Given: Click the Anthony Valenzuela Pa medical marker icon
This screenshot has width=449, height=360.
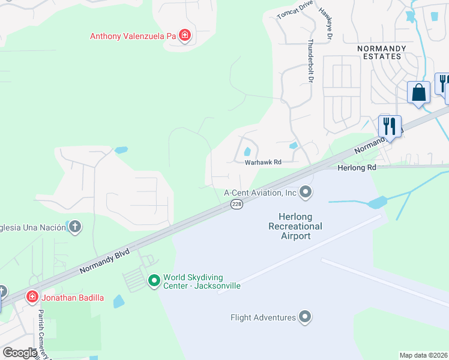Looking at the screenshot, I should click(x=185, y=36).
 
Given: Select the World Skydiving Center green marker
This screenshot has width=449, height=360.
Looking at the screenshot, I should click(x=154, y=280).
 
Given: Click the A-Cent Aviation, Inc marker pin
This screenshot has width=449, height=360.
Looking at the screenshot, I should click(x=306, y=193).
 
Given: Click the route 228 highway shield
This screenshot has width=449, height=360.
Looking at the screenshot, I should click(x=237, y=205).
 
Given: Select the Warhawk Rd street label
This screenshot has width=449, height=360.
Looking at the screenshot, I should click(x=262, y=162).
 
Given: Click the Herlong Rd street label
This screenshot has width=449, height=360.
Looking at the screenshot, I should click(x=357, y=169).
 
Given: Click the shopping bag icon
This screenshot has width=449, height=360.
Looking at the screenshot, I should click(x=419, y=93).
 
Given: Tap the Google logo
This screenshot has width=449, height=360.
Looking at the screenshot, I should click(x=20, y=352).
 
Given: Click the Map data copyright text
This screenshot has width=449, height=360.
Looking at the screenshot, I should click(x=423, y=355).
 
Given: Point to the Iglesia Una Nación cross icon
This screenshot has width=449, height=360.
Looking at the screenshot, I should click(x=74, y=226).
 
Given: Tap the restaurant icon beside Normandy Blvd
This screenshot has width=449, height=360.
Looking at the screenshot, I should click(x=390, y=127).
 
